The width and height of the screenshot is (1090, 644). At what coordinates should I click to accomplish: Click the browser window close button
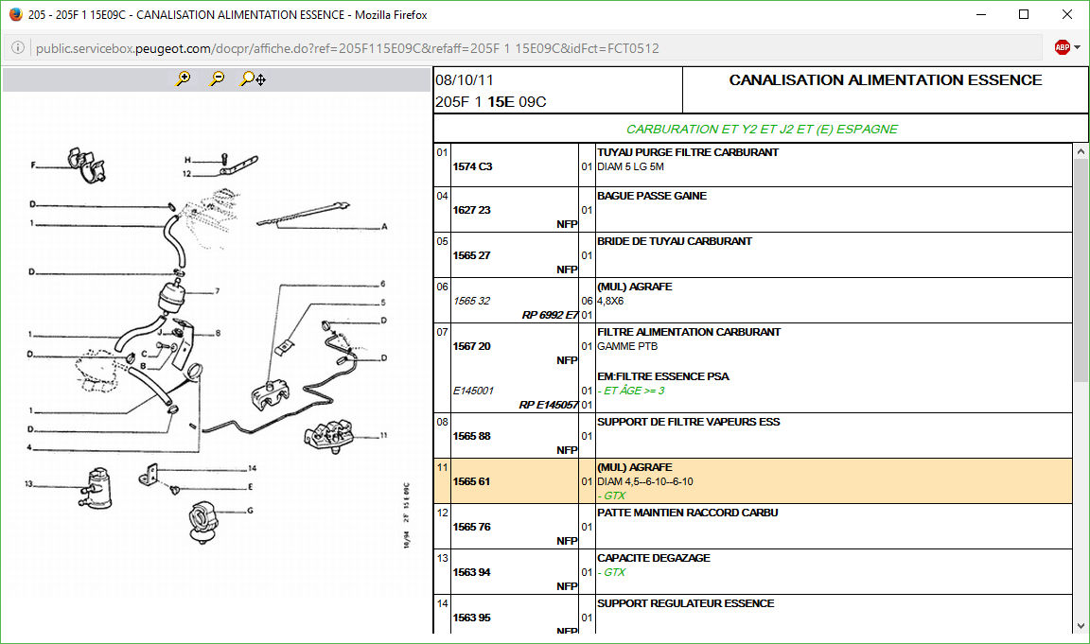[1066, 14]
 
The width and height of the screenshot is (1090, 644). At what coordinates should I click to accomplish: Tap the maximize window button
[1023, 14]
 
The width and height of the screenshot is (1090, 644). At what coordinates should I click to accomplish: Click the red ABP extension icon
[1063, 47]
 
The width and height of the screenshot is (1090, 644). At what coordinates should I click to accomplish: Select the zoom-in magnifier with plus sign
[184, 78]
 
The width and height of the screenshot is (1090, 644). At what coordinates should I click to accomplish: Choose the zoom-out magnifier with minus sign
[218, 78]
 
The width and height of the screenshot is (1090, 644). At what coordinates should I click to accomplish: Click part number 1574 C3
[473, 166]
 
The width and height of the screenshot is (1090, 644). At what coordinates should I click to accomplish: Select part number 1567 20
[472, 346]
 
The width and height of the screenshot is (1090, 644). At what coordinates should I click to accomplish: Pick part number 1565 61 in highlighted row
[472, 481]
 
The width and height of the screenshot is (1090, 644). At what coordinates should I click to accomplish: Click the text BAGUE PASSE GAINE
[652, 196]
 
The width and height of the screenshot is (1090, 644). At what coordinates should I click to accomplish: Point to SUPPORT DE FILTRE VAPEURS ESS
[688, 422]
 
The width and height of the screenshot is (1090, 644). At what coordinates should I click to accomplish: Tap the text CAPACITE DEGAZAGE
[654, 558]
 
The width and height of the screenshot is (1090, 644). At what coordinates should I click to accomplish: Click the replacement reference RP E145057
[549, 405]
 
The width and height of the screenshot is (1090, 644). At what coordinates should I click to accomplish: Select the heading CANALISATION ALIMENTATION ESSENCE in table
[886, 79]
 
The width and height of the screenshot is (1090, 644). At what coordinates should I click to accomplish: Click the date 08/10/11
[465, 79]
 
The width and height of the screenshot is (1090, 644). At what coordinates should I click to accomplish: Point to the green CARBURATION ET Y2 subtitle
[762, 130]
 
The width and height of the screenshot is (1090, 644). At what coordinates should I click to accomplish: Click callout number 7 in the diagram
[218, 291]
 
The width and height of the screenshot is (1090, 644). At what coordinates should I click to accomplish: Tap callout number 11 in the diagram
[383, 436]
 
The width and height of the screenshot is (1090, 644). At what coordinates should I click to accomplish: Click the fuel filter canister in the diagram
[171, 297]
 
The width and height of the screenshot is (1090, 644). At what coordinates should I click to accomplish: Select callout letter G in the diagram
[250, 511]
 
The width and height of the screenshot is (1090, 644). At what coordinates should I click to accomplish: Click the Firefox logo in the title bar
[15, 14]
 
